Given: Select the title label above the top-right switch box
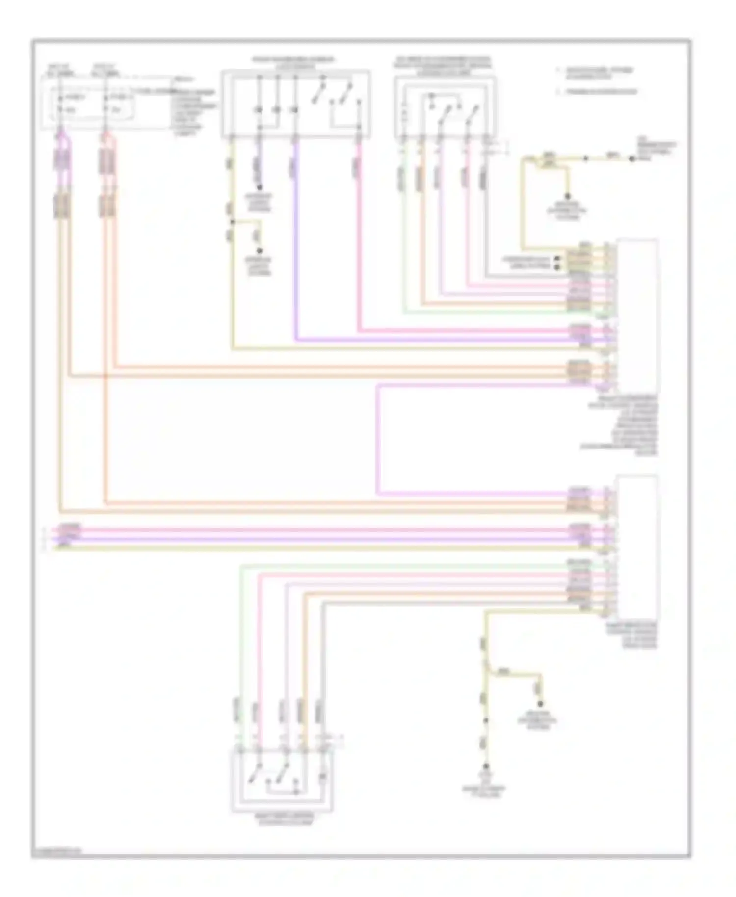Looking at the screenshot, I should pyautogui.click(x=443, y=66).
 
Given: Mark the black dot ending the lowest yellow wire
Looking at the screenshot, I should pyautogui.click(x=486, y=766).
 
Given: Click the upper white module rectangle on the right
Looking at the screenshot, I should pyautogui.click(x=637, y=314).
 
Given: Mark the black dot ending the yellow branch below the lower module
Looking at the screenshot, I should pyautogui.click(x=540, y=704).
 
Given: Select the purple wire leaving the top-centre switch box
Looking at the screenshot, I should pyautogui.click(x=295, y=245).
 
